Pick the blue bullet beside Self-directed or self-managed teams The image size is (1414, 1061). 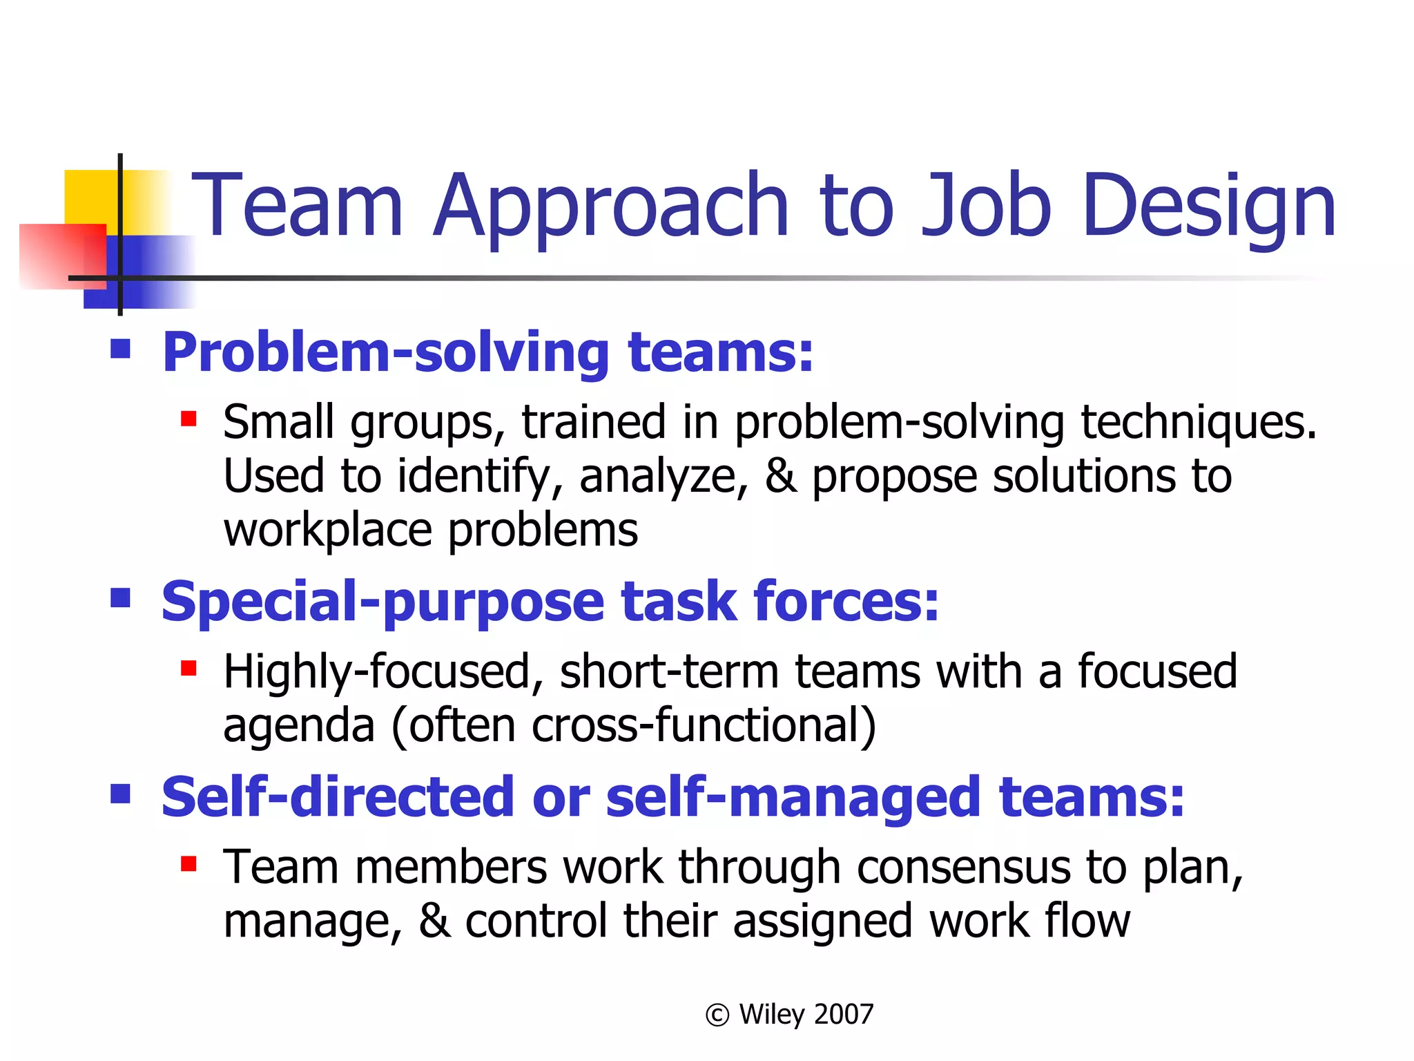pos(121,793)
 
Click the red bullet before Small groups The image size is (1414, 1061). pos(188,419)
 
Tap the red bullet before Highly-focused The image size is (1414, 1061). pos(188,668)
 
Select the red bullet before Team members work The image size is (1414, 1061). pos(188,863)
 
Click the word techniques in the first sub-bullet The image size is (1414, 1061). pos(1198,423)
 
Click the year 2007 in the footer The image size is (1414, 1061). pos(844,1015)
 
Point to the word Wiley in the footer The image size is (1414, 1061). pos(771,1015)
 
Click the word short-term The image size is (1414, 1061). pos(669,672)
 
